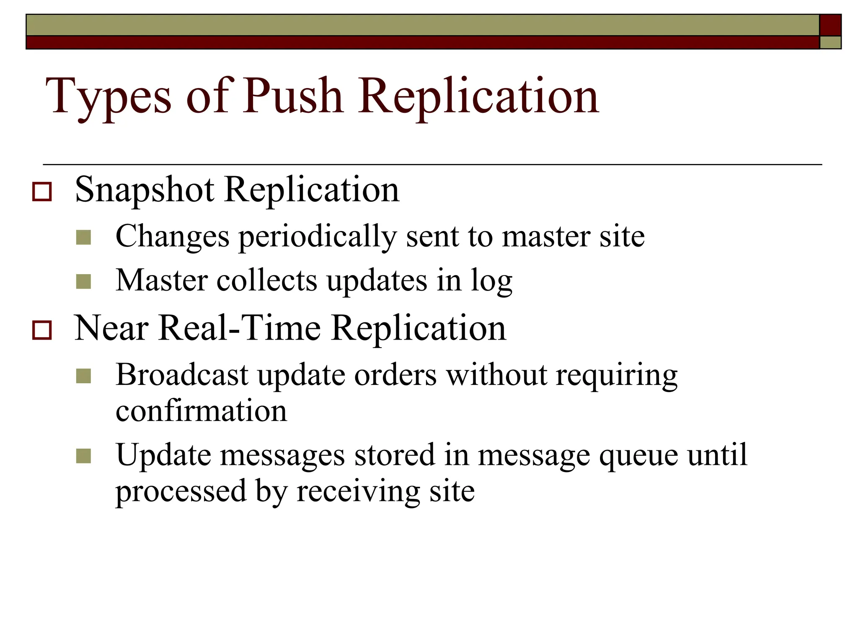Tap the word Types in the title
[109, 97]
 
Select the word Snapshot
[144, 190]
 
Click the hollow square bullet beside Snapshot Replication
[42, 192]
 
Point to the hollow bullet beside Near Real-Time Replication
[42, 330]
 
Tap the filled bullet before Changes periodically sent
[84, 237]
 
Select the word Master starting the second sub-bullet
[162, 280]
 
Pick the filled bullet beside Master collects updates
[84, 281]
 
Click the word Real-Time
[240, 328]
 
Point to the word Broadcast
[182, 374]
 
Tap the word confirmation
[202, 411]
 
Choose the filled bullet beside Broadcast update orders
[84, 376]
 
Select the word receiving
[358, 492]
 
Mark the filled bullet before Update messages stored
[84, 456]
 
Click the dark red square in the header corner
[830, 25]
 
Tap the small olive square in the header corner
[830, 42]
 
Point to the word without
[496, 374]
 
